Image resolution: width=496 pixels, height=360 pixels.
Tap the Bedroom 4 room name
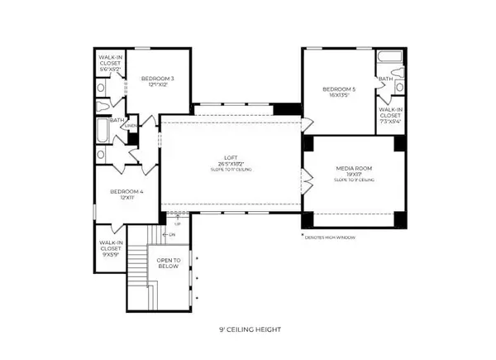(x=126, y=192)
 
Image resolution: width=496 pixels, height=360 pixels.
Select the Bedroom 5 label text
(x=339, y=89)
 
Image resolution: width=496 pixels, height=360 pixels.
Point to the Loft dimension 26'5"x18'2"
(x=230, y=164)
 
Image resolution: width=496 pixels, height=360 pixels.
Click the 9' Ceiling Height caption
(x=248, y=329)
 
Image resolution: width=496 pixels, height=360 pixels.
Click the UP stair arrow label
(x=176, y=223)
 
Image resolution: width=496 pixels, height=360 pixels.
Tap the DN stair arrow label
(x=171, y=234)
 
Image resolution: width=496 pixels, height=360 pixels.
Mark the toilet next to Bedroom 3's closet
(x=103, y=106)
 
